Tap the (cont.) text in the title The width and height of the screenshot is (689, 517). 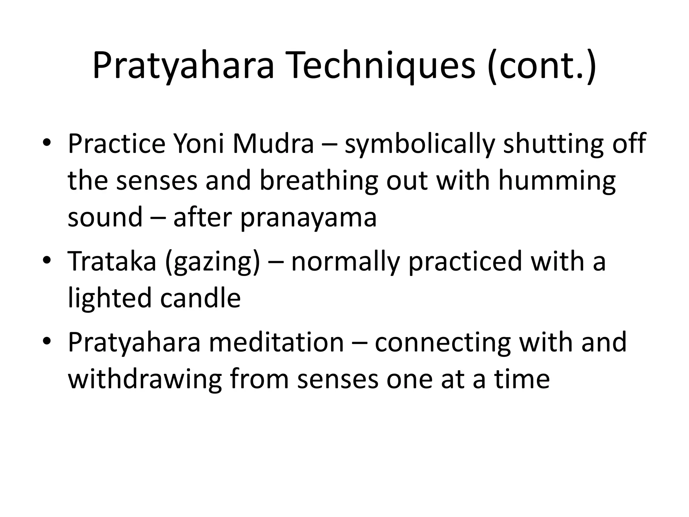541,66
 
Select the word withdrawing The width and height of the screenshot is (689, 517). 145,379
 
